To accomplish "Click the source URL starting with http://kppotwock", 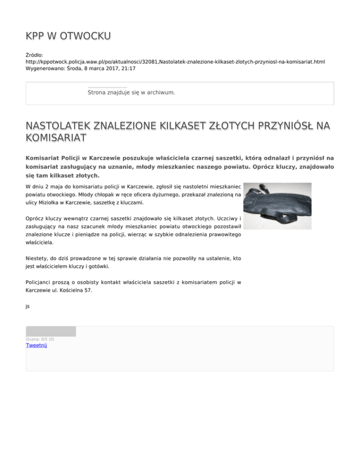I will (175, 61).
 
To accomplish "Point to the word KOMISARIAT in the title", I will (56, 138).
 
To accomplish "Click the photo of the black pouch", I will (277, 206).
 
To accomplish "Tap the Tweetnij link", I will (36, 346).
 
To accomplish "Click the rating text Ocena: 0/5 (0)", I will (40, 339).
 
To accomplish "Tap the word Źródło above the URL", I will (35, 55).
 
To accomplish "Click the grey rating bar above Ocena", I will (51, 331).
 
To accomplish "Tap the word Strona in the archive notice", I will (98, 93).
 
